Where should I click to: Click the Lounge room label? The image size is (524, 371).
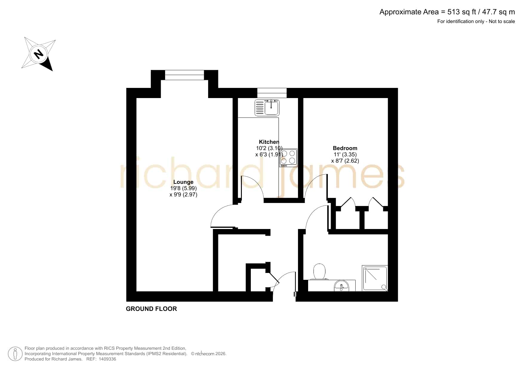pos(183,182)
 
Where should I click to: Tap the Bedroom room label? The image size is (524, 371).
pos(345,148)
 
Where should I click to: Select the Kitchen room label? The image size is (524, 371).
pos(269,142)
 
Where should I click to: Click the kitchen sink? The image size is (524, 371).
pos(267,108)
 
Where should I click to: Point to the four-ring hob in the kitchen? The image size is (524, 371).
pos(288,158)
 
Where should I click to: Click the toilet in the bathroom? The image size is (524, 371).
pos(319,272)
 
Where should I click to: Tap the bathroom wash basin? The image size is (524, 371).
pos(342,285)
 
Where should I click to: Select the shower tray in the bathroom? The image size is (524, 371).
pos(375,278)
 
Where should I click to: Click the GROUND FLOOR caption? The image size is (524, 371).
pos(151,309)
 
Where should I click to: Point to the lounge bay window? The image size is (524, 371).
pos(185,75)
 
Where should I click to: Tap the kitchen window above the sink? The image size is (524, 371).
pos(272,93)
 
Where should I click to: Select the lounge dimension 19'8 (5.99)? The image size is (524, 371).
pos(183,188)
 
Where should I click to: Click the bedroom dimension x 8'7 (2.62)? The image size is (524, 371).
pos(345,161)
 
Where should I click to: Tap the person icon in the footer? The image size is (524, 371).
pos(15,354)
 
